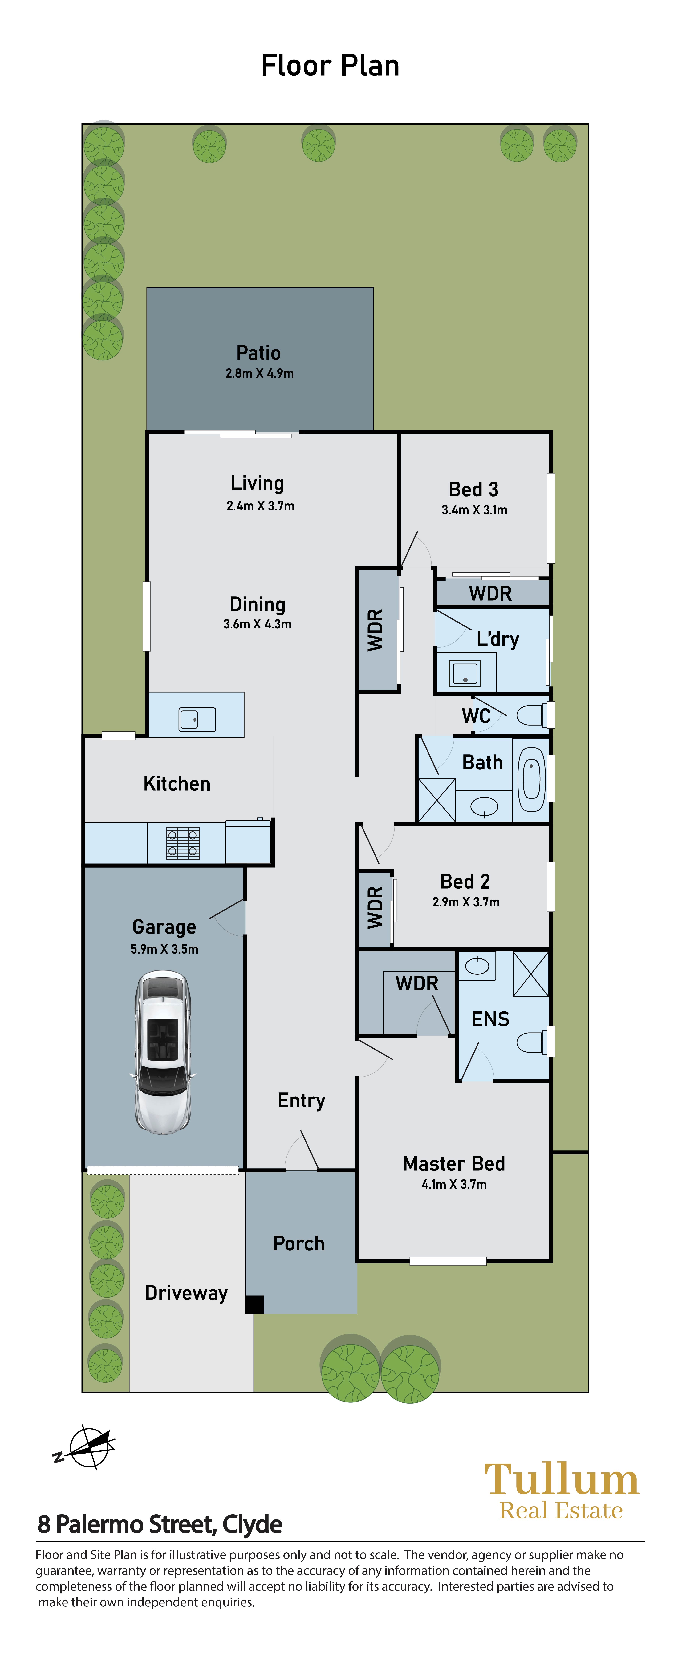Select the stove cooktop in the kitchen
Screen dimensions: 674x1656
183,843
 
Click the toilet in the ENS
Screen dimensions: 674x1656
534,1042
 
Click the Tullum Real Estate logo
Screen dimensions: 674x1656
562,1490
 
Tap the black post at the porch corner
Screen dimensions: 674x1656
255,1304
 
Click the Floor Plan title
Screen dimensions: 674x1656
330,66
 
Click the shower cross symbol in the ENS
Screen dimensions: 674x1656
531,974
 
